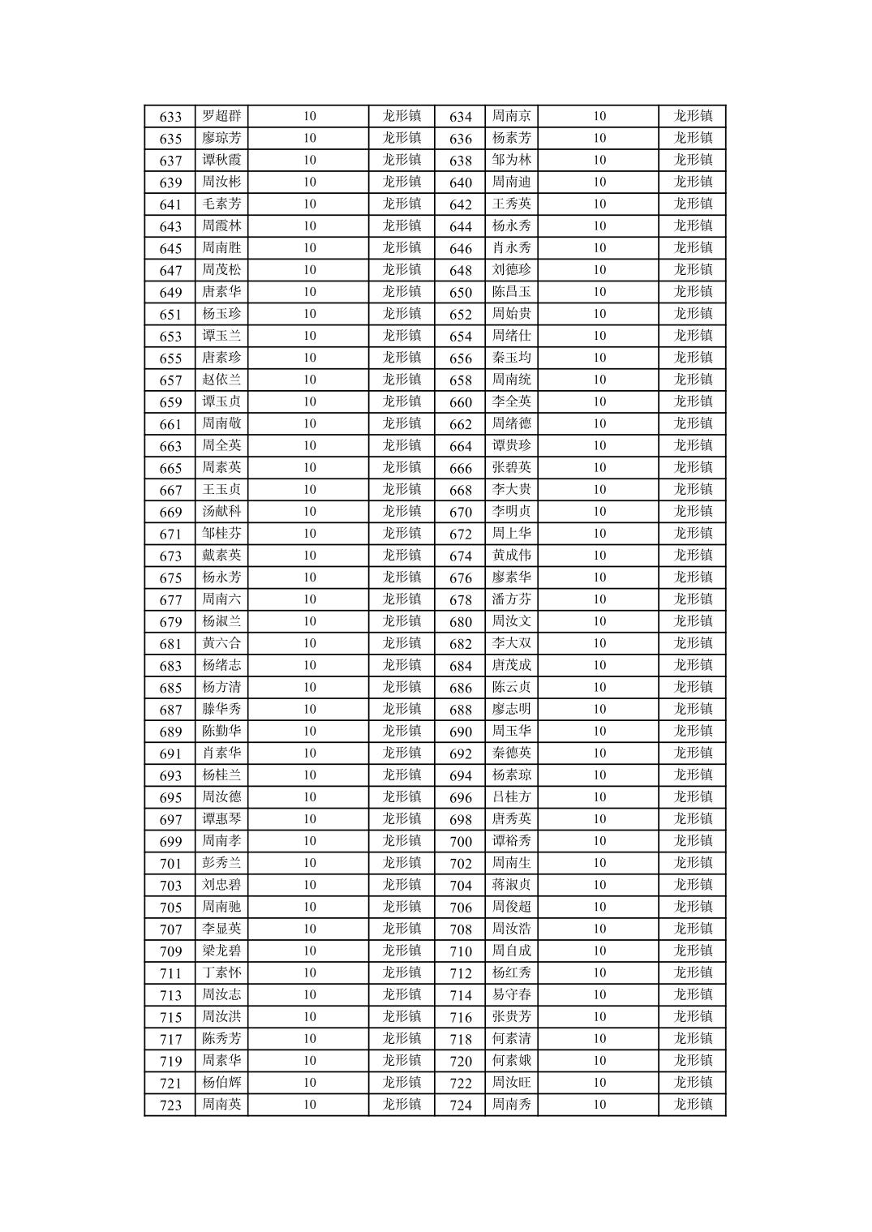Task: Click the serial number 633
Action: [170, 117]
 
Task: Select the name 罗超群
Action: [221, 116]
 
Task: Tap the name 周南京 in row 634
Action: [512, 116]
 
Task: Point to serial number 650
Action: [460, 293]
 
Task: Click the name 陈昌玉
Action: [512, 292]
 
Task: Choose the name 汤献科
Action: [221, 512]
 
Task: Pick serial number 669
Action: [170, 513]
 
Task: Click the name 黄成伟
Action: [512, 556]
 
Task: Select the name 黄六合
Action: [221, 643]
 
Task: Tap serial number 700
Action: [460, 842]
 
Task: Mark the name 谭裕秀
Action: [512, 841]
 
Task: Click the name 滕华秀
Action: [221, 709]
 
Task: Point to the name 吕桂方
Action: [512, 797]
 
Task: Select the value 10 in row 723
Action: [310, 1105]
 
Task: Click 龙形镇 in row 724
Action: [693, 1105]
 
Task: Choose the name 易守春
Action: [512, 994]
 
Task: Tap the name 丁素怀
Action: [221, 972]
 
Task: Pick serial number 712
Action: [460, 973]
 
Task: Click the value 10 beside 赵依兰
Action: [310, 380]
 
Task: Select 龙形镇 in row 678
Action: [693, 599]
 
